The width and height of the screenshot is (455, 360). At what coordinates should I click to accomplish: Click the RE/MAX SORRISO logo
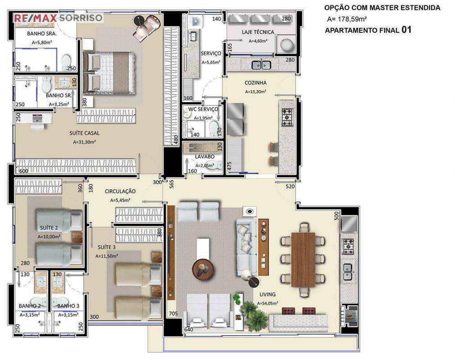coord(59,18)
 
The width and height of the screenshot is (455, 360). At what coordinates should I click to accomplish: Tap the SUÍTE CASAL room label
coord(84,133)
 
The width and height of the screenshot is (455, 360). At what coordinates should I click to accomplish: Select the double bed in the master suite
coord(109,73)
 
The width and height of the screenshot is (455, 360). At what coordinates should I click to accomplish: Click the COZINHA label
coord(255,83)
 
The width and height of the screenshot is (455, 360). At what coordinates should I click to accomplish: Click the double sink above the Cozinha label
coord(261,65)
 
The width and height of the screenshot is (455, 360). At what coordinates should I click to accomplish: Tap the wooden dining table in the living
coord(303,260)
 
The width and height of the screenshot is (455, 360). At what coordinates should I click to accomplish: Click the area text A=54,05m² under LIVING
coord(267,303)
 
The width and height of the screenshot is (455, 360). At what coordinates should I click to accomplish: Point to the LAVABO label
coord(205,157)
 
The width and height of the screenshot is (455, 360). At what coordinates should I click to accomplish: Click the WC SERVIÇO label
coord(203,109)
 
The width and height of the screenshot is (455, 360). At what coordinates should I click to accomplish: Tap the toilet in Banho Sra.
coord(67,62)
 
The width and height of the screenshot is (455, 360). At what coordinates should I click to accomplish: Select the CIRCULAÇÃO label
coord(120,191)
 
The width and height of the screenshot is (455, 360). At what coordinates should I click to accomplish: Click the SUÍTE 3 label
coord(107,247)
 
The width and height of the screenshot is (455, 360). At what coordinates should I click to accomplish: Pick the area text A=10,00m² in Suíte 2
coord(49,237)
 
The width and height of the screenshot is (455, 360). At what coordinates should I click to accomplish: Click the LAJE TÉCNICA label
coord(258,32)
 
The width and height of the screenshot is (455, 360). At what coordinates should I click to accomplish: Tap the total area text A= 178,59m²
coord(347,19)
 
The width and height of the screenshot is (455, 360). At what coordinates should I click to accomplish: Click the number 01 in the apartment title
coord(406,30)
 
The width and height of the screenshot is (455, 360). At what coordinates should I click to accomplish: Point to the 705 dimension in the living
coord(173,314)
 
